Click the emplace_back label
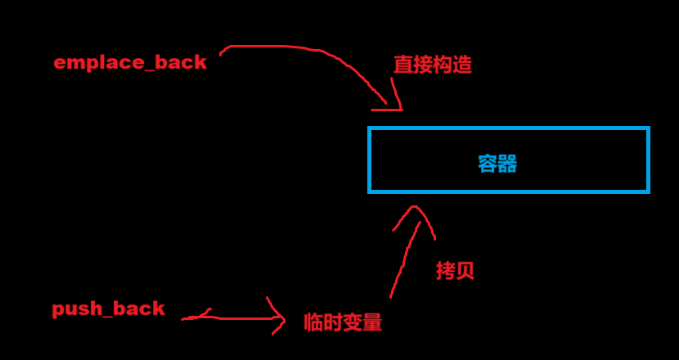130,63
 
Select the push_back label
108,309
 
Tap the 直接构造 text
433,65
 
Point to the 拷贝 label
455,271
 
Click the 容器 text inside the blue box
497,164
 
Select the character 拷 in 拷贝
445,271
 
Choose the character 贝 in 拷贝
465,271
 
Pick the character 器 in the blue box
507,164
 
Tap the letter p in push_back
58,311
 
